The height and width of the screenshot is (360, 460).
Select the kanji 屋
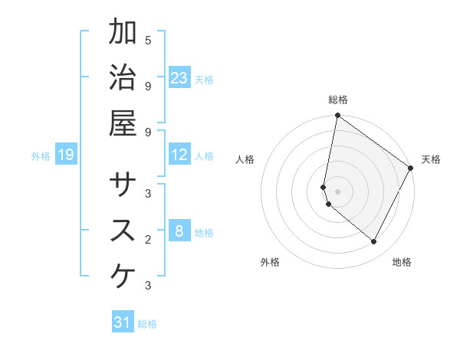pyautogui.click(x=123, y=123)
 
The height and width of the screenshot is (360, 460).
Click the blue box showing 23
pyautogui.click(x=179, y=78)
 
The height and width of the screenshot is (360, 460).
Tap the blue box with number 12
pyautogui.click(x=179, y=155)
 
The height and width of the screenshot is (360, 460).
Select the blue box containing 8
pyautogui.click(x=179, y=231)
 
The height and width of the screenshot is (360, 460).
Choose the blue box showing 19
pyautogui.click(x=66, y=155)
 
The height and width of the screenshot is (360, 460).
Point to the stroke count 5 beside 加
pyautogui.click(x=148, y=39)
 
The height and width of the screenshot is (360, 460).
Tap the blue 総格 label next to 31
pyautogui.click(x=147, y=324)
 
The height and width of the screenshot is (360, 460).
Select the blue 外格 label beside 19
pyautogui.click(x=41, y=156)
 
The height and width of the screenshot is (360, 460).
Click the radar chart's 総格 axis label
pyautogui.click(x=337, y=100)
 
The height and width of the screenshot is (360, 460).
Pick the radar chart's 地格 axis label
pyautogui.click(x=402, y=262)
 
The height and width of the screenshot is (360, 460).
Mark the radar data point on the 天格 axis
pyautogui.click(x=411, y=169)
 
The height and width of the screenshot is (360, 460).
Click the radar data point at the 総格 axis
pyautogui.click(x=337, y=116)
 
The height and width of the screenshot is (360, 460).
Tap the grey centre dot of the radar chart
pyautogui.click(x=337, y=191)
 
